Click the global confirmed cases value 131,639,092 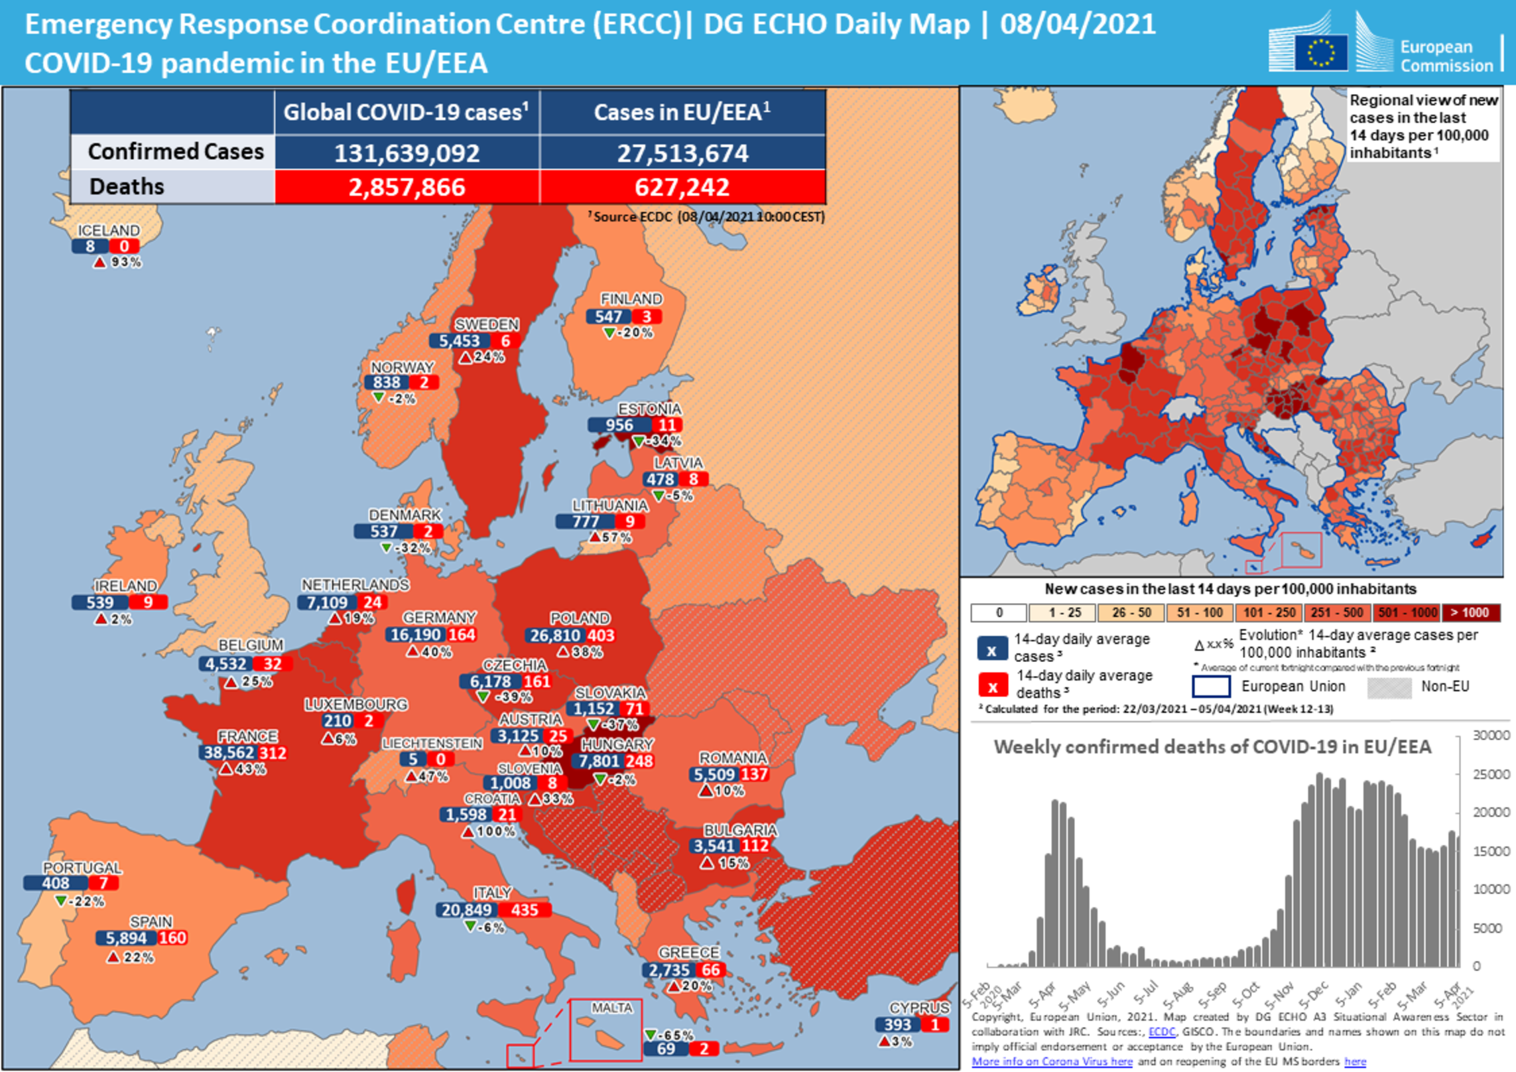[407, 153]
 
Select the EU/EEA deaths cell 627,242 [682, 187]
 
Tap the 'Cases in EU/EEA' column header [682, 112]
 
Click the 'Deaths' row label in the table [127, 186]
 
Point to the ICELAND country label [109, 230]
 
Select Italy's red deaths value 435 [524, 909]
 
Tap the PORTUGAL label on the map [82, 867]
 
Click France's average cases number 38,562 [229, 752]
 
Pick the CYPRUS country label [918, 1008]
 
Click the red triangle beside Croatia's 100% [468, 831]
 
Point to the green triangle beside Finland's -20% [609, 333]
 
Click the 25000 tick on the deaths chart [1491, 774]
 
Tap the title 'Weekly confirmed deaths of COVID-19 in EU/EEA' [1212, 747]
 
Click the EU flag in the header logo [1320, 52]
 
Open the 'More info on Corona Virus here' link [1052, 1061]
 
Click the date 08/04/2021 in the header [1078, 25]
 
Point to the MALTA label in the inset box [611, 1008]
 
